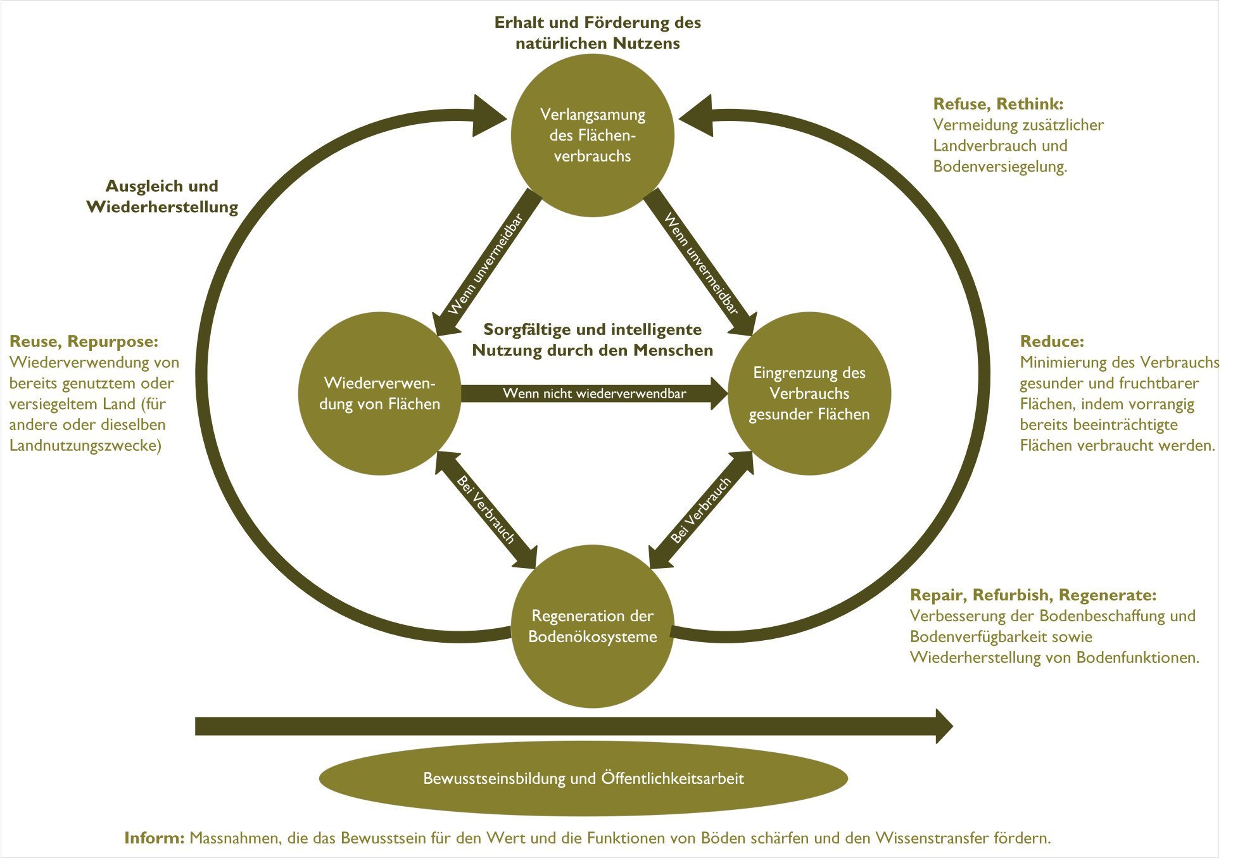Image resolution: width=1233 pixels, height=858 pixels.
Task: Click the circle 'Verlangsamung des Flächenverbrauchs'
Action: pos(592,136)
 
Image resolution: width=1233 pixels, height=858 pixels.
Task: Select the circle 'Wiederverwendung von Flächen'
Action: pos(379,393)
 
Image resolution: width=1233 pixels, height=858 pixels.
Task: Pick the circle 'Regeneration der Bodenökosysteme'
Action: pos(592,626)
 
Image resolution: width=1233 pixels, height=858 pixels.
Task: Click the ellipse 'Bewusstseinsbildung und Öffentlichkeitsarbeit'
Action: pos(583,778)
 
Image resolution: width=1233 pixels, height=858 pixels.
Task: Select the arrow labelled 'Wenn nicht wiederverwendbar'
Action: pos(594,393)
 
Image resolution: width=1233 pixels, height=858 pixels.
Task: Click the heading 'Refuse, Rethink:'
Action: pos(998,104)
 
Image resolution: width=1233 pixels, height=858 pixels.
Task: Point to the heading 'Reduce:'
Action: pos(1052,341)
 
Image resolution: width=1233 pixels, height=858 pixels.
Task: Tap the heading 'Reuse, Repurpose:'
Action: pos(84,341)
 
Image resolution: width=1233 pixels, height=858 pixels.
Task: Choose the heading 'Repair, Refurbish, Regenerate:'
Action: pos(1033,595)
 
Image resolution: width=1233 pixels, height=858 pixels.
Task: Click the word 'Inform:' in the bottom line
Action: pos(155,838)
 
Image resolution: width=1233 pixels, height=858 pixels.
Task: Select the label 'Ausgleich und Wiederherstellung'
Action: pos(162,196)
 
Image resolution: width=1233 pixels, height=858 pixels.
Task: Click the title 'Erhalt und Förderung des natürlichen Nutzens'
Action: pos(597,33)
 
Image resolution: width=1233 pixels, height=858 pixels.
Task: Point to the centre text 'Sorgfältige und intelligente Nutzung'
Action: pos(592,339)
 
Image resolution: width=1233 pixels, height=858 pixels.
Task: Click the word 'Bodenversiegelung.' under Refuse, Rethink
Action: pos(1000,167)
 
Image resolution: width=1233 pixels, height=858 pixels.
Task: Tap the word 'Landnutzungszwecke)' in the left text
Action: pos(85,445)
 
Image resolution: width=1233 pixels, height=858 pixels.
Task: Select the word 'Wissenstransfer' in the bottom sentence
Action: pos(932,838)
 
